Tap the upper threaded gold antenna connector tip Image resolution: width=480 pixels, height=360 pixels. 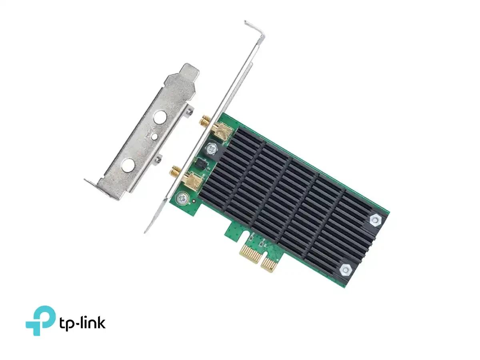[x=205, y=120]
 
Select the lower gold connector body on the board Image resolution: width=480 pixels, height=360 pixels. [x=192, y=180]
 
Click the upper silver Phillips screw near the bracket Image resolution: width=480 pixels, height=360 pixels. [x=212, y=149]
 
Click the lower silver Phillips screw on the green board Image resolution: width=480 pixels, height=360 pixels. [x=183, y=198]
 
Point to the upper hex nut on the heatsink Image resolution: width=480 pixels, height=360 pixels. [x=376, y=220]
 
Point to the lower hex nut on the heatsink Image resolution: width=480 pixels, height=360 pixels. [x=346, y=270]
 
